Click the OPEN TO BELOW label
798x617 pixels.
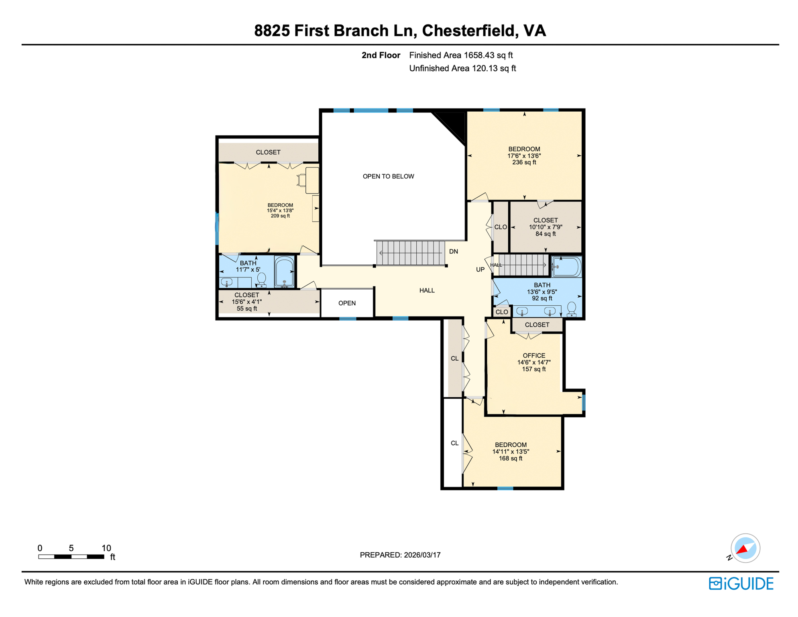[x=388, y=176]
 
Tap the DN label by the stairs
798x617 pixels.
[x=454, y=251]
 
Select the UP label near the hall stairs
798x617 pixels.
[x=480, y=270]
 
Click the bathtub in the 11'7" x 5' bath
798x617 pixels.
[x=284, y=272]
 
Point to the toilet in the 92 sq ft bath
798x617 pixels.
[x=572, y=309]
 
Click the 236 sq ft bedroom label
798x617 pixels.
[x=524, y=155]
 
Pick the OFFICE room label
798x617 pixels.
[x=533, y=355]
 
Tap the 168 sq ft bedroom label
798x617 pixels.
[x=510, y=452]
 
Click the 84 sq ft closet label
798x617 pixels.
[x=545, y=227]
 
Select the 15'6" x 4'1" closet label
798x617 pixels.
[x=246, y=302]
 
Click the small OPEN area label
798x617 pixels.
[x=347, y=303]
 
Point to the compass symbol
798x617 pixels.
[x=745, y=548]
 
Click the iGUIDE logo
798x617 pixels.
[x=741, y=583]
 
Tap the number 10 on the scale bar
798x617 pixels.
[x=106, y=548]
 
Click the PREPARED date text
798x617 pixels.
[x=400, y=555]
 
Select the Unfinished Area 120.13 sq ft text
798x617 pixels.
[x=462, y=68]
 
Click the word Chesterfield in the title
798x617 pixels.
[x=468, y=31]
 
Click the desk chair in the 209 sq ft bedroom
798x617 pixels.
[x=301, y=180]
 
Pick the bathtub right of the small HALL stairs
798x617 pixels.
[x=566, y=267]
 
